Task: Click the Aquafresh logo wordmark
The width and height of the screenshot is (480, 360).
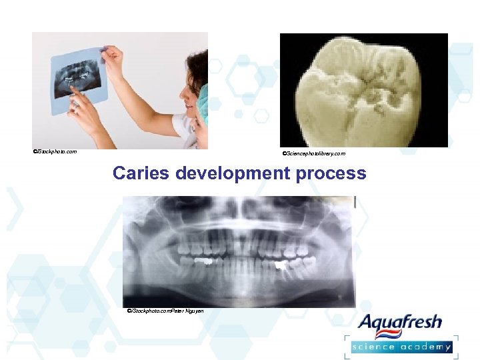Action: point(399,323)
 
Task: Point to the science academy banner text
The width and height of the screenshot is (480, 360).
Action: point(402,347)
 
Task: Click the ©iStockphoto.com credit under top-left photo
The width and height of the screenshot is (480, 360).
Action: point(55,152)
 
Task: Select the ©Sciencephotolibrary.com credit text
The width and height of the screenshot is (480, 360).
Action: point(314,154)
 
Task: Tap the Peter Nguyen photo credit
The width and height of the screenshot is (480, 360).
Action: point(165,311)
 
